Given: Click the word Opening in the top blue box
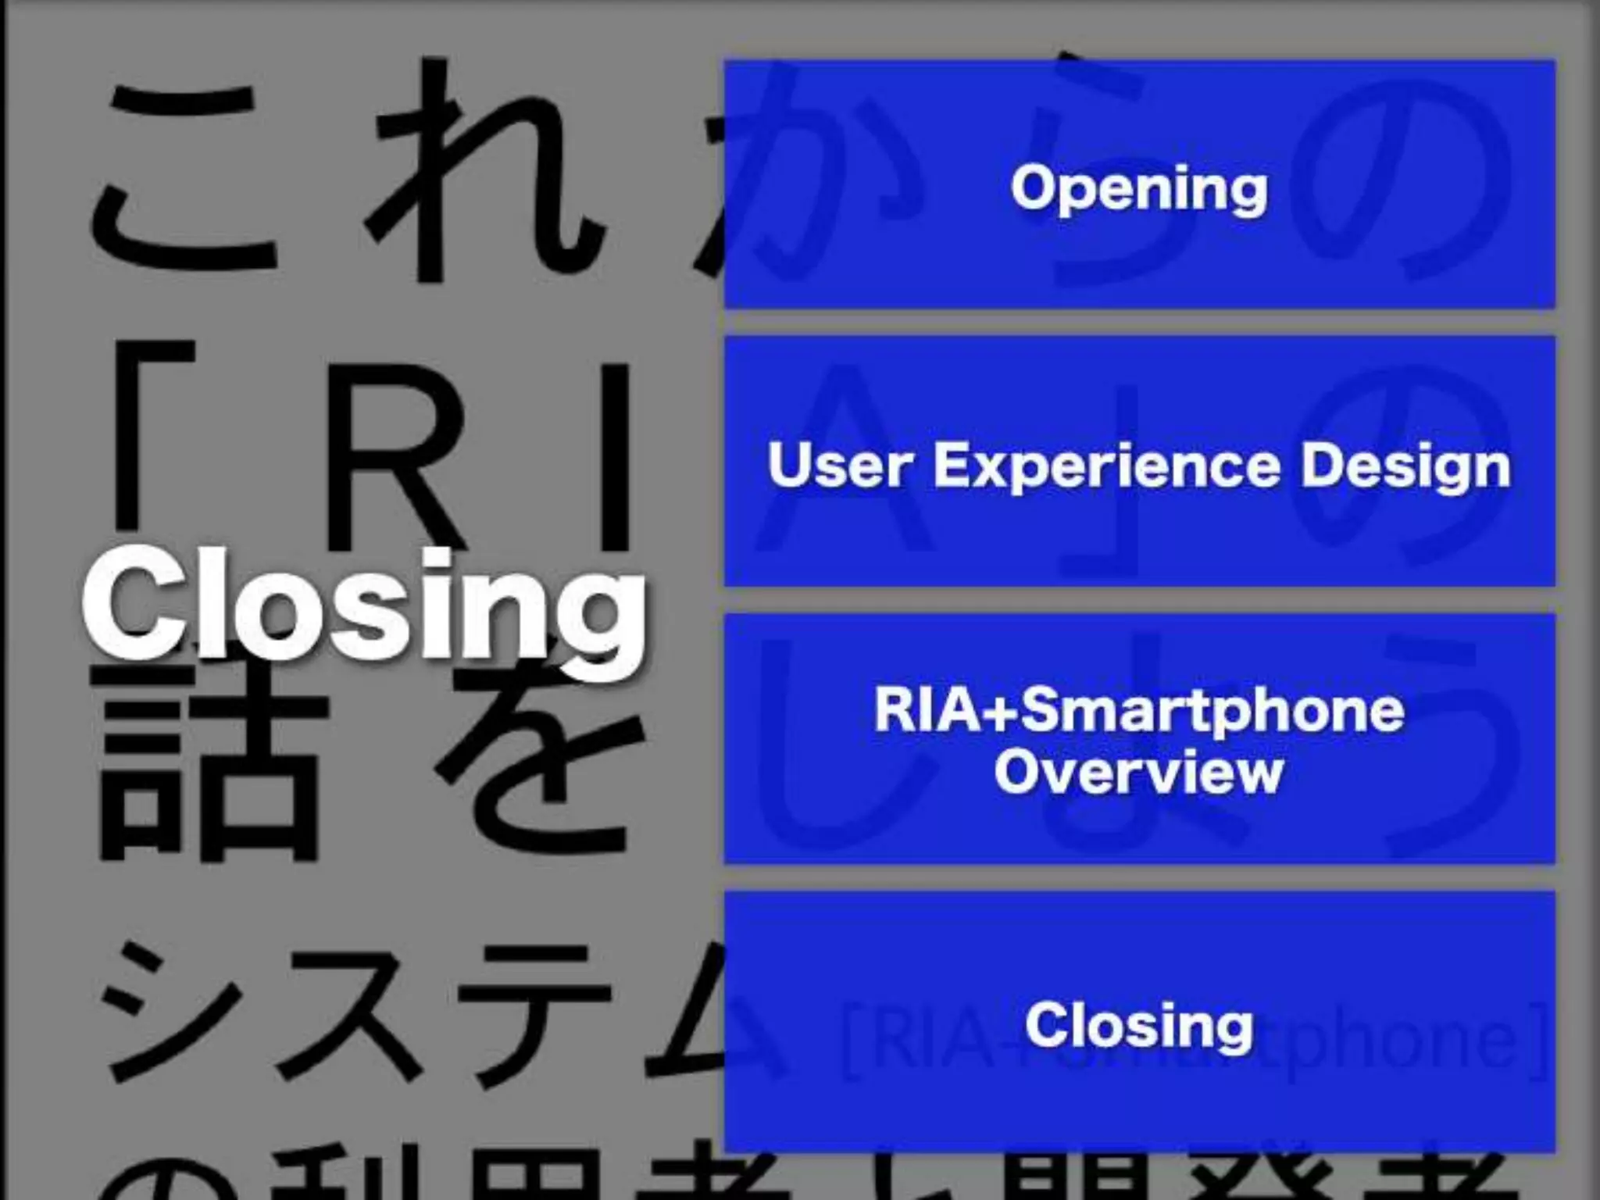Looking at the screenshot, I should coord(1139,188).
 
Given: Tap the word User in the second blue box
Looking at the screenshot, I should coord(840,466).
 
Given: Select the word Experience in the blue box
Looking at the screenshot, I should coord(1108,466).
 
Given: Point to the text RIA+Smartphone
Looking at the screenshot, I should coord(1139,710).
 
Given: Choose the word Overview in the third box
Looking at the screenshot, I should coord(1139,772).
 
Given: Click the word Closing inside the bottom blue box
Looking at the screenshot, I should coord(1139,1025).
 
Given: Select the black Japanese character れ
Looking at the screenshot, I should coord(484,172).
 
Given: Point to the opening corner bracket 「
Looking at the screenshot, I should coord(156,430).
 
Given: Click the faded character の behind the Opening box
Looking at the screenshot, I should coord(1398,180).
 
